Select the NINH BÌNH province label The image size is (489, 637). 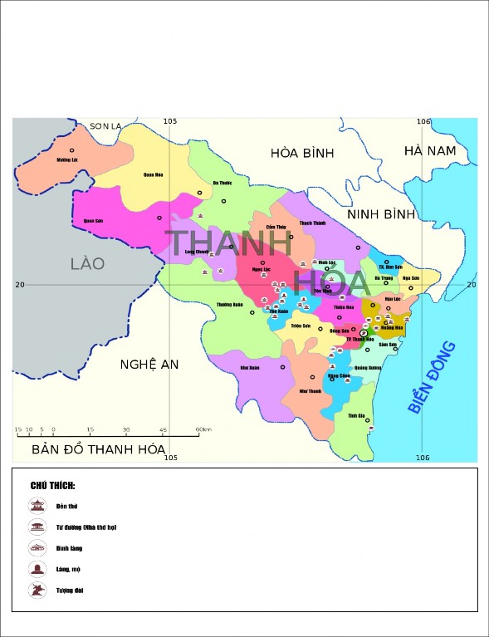(380, 214)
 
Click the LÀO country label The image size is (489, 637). (87, 263)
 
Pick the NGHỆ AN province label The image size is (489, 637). (149, 365)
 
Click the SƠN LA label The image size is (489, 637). (105, 126)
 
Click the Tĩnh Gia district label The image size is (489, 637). (357, 415)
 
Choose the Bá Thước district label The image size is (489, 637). (222, 184)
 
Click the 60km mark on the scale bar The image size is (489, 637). (203, 429)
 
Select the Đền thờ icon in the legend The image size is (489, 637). (37, 506)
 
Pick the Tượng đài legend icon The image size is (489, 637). (37, 590)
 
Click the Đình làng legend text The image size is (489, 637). (69, 548)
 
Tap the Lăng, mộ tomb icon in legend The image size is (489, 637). (37, 569)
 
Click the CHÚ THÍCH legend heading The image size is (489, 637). (53, 485)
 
